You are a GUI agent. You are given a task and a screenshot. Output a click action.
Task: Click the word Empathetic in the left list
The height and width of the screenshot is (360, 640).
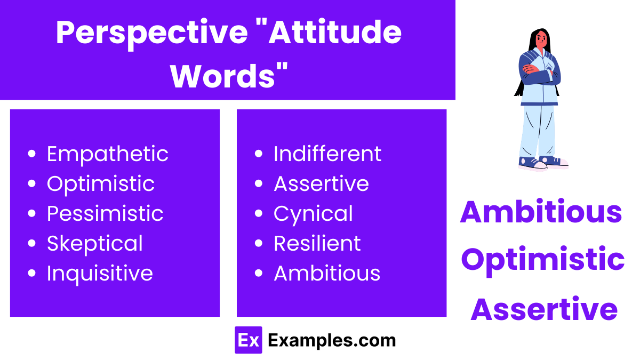coord(107,154)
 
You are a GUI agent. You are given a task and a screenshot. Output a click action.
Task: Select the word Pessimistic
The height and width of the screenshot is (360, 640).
coord(105,214)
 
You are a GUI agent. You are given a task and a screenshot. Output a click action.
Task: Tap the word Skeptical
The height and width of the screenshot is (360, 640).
coord(95,244)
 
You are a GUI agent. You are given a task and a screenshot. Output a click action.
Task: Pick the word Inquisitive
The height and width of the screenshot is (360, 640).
coord(100,274)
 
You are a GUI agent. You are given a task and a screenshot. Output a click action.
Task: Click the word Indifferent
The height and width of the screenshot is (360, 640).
coord(327,154)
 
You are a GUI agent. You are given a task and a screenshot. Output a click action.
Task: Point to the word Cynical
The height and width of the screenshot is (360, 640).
coord(313,214)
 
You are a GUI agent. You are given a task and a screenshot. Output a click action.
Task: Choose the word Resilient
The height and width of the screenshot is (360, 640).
coord(317,244)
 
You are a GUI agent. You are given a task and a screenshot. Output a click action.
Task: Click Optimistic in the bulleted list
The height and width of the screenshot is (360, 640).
coord(101,184)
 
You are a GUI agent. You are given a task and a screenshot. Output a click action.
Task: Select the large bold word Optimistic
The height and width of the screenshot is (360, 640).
coord(542,260)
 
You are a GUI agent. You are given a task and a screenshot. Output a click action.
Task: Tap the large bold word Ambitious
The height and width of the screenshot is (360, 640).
coord(541,212)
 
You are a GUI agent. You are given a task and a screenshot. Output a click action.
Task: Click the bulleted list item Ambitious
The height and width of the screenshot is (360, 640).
coord(327,274)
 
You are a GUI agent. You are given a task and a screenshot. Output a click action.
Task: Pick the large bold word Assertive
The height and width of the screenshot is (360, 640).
coord(544,309)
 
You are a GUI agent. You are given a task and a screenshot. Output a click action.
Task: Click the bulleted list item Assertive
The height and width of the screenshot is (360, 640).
coord(321,184)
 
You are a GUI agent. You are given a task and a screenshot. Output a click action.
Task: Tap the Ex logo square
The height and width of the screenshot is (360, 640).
coord(249,340)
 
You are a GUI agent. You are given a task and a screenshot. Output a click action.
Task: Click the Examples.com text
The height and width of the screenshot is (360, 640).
coord(332,340)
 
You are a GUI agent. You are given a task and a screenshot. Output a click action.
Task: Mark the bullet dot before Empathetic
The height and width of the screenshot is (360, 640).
coord(32,154)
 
